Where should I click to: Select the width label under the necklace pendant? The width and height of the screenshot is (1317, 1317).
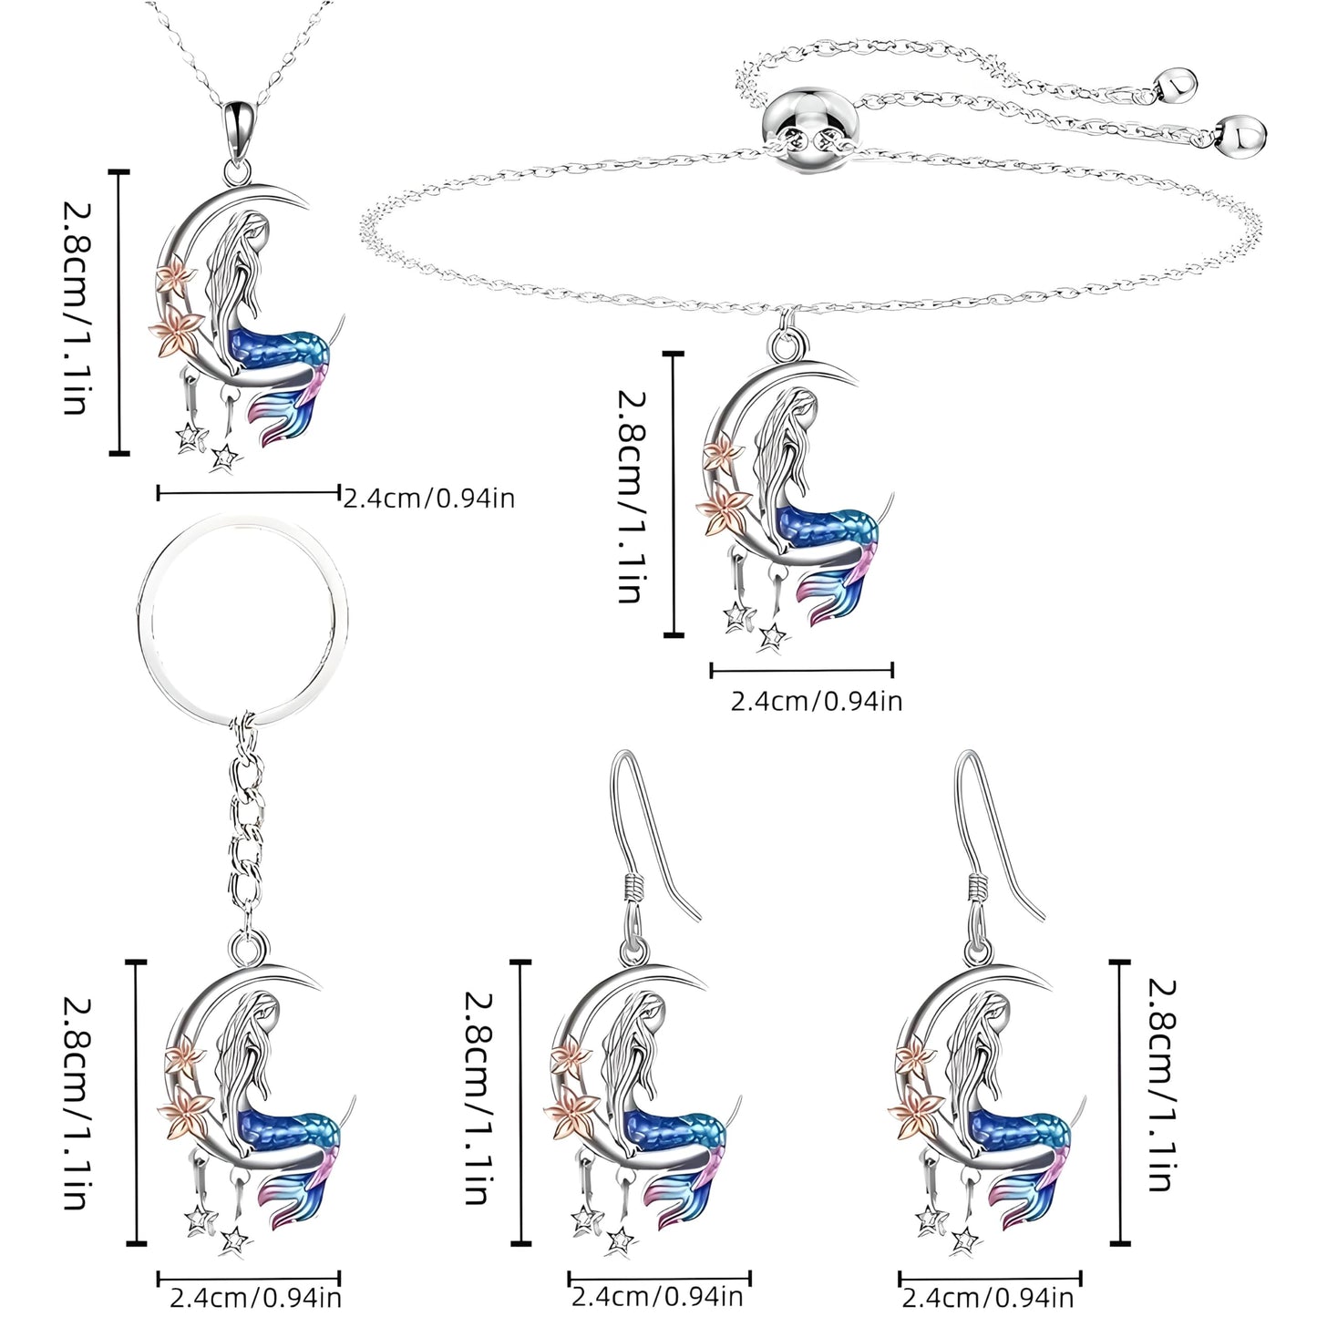point(428,498)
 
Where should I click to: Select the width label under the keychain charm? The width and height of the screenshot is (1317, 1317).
point(255,1296)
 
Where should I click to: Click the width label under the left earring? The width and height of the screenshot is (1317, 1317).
point(656,1296)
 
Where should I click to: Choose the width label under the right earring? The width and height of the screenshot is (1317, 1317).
point(987,1296)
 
